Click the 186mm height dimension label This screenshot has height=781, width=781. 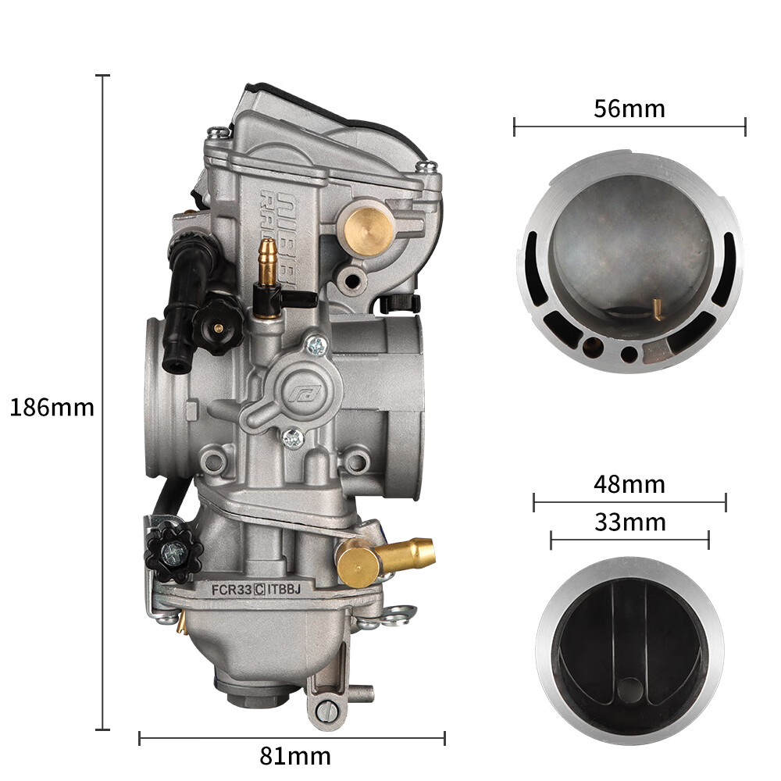coord(52,408)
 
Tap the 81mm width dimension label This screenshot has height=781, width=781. coord(294,756)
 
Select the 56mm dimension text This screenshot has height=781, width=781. coord(629,109)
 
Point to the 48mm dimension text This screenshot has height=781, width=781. coord(629,485)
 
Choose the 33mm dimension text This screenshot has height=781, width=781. coord(629,522)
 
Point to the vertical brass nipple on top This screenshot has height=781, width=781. coord(268,262)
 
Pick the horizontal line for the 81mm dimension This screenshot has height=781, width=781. coord(292,737)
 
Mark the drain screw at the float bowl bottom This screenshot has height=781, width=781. coord(326,711)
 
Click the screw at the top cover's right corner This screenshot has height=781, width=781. coord(426,166)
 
